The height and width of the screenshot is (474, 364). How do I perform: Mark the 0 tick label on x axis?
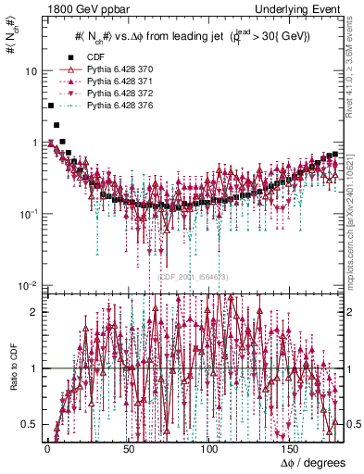click(x=46, y=446)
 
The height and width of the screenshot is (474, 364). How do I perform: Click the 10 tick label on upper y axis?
click(x=31, y=71)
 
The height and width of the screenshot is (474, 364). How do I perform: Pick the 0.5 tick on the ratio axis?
click(x=29, y=424)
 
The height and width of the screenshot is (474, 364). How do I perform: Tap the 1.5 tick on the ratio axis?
click(x=29, y=340)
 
